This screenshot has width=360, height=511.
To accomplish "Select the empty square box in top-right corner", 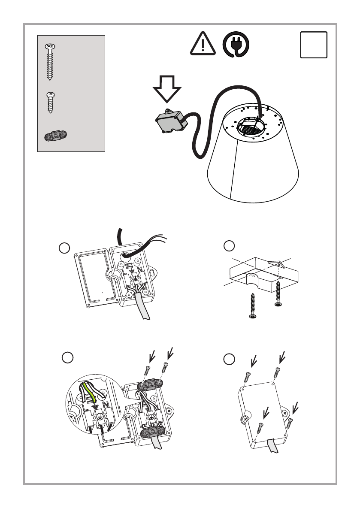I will [x=314, y=45].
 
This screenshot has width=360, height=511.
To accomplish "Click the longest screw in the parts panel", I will [x=50, y=62].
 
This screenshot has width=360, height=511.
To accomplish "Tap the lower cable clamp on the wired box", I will [x=153, y=434].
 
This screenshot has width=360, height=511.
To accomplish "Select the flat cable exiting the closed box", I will [x=272, y=446].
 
